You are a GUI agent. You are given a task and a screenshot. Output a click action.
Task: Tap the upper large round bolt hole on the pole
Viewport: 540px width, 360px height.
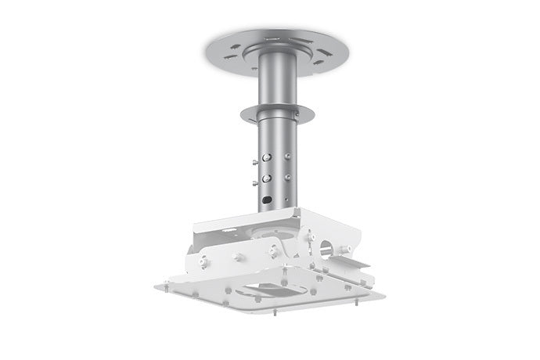tap(268, 157)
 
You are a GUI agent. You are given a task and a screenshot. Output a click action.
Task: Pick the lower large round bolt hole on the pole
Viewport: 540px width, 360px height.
tap(268, 178)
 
